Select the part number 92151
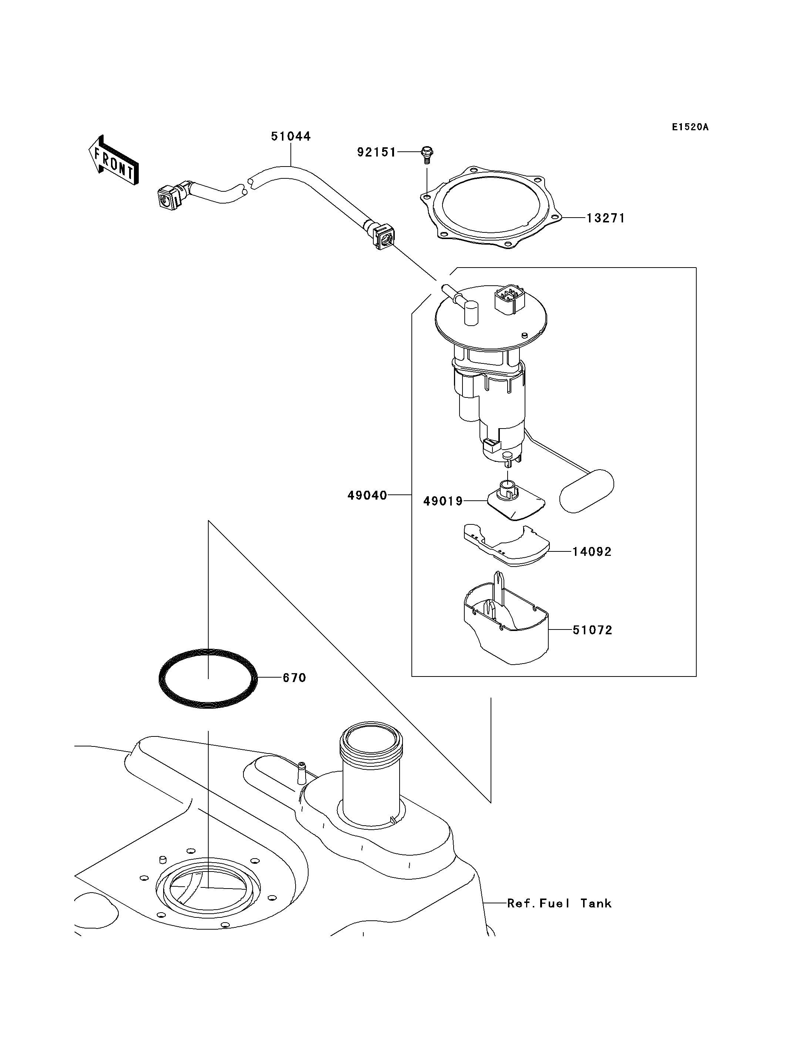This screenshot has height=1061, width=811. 377,152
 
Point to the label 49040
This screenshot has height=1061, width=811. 367,496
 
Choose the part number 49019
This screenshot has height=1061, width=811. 443,501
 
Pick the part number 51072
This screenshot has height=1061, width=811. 592,630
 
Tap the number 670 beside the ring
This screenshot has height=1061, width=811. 295,678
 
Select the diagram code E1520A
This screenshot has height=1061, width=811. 690,127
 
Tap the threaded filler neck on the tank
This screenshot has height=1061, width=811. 371,781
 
